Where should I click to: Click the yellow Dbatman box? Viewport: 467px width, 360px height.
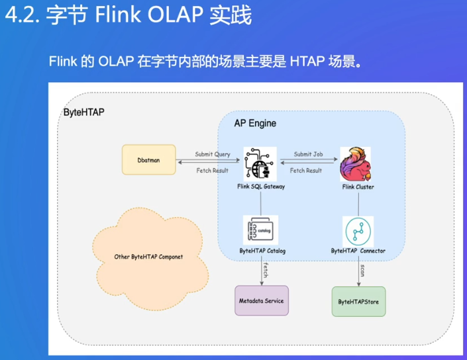[x=149, y=160]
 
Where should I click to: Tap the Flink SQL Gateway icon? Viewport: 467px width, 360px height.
[x=260, y=163]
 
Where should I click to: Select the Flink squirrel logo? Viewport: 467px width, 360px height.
[x=357, y=163]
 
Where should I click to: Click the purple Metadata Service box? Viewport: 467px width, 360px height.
[x=260, y=301]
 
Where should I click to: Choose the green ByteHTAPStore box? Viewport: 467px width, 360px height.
[x=358, y=302]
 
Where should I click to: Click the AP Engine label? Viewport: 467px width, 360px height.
[x=255, y=124]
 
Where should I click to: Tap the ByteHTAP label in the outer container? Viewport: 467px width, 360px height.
[x=83, y=112]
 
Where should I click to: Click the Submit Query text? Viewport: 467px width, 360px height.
[x=213, y=154]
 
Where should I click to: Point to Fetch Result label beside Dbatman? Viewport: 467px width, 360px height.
[x=213, y=171]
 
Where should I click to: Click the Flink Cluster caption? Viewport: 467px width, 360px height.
[x=358, y=187]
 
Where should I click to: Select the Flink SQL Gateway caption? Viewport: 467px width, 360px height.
[x=260, y=187]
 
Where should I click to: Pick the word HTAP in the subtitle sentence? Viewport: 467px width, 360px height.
[x=306, y=62]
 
